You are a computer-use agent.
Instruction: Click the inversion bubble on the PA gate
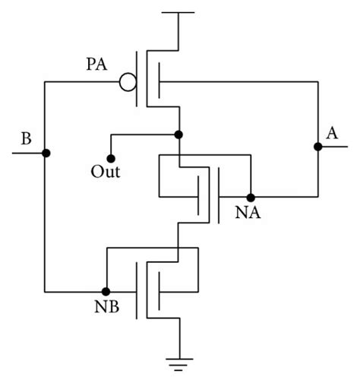point(128,81)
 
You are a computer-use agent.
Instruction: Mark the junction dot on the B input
point(46,153)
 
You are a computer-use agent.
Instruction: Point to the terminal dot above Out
point(111,159)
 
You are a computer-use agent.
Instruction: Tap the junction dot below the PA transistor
point(178,135)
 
